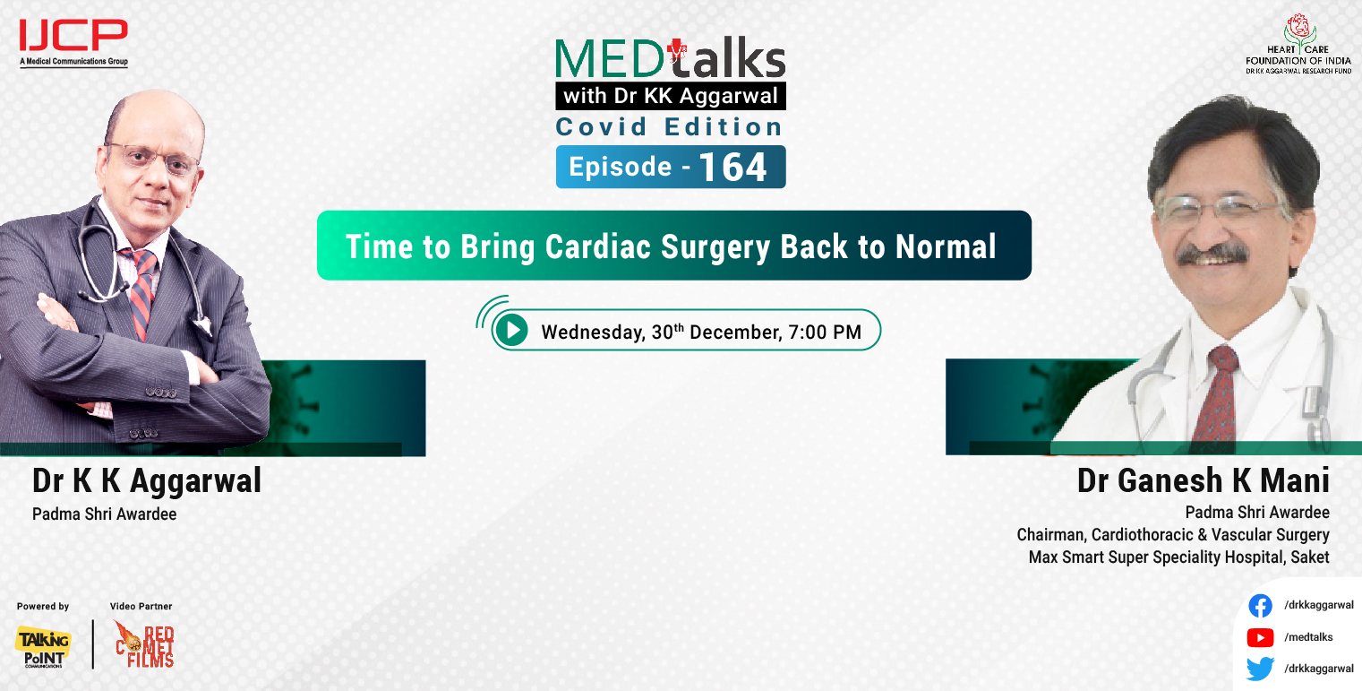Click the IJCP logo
click(73, 39)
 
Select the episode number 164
click(732, 168)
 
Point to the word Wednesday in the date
click(591, 333)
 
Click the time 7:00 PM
click(825, 333)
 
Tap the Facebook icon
click(1260, 606)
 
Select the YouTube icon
click(1260, 637)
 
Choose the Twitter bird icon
click(1260, 669)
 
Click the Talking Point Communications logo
click(42, 645)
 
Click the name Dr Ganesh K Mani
click(1203, 481)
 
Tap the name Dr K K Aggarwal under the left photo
click(147, 481)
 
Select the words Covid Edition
click(670, 127)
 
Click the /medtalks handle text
click(1308, 637)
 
